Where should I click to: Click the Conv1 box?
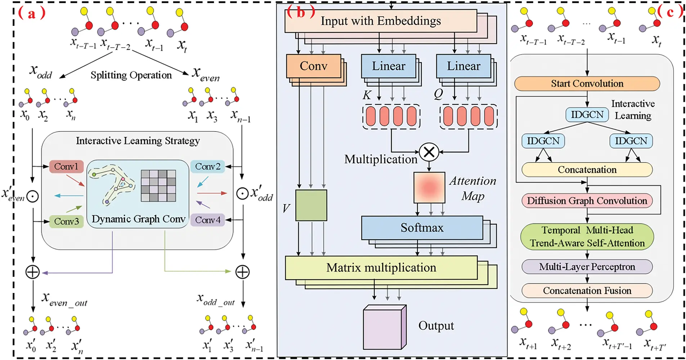(x=66, y=166)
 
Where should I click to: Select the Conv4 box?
(x=207, y=220)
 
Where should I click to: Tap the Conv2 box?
(x=207, y=166)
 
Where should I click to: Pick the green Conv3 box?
(x=66, y=221)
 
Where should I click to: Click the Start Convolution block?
(x=587, y=84)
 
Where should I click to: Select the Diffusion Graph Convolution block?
(x=587, y=201)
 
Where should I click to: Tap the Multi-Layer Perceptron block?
(x=587, y=267)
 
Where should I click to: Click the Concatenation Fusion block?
(x=587, y=290)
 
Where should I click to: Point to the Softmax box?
(x=422, y=228)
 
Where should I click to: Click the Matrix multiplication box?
(x=381, y=268)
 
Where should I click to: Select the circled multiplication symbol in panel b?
(x=429, y=152)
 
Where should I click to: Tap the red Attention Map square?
(x=429, y=187)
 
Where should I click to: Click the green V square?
(x=311, y=205)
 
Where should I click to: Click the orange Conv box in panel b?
(x=313, y=66)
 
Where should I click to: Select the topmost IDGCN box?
(x=587, y=115)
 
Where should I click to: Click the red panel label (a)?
(x=32, y=14)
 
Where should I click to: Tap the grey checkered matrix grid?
(x=158, y=186)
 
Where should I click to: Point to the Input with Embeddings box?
(x=381, y=21)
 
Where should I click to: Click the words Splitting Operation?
(x=131, y=75)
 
